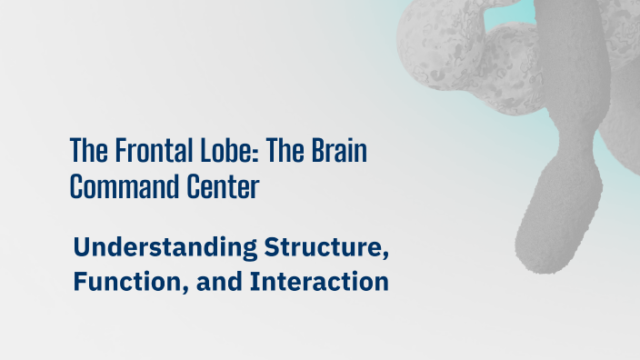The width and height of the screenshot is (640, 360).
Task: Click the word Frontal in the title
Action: tap(146, 151)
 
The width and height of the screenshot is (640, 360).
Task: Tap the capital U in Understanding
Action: tap(82, 246)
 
